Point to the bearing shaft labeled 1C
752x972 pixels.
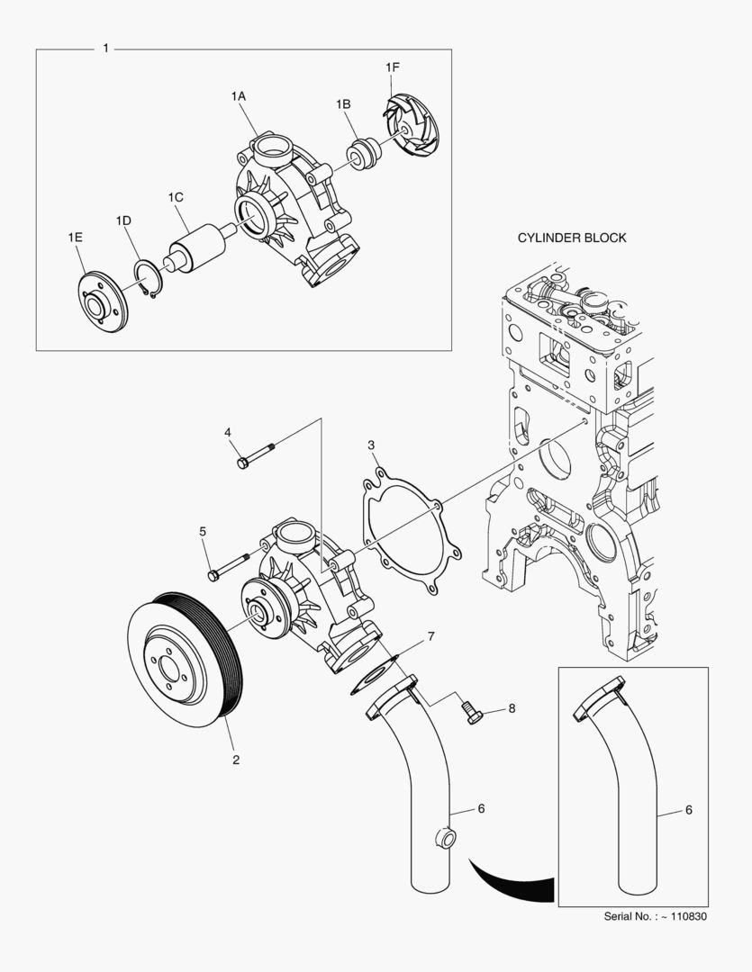coord(198,247)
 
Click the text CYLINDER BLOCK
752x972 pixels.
coord(571,238)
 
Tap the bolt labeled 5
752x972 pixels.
coord(229,568)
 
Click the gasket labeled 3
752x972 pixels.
coord(410,530)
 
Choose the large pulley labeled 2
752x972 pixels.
coord(185,652)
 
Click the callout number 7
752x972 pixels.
coord(430,636)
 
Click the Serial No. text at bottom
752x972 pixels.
coord(655,917)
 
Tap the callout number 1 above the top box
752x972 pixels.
coord(106,48)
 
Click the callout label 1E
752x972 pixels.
coord(75,237)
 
